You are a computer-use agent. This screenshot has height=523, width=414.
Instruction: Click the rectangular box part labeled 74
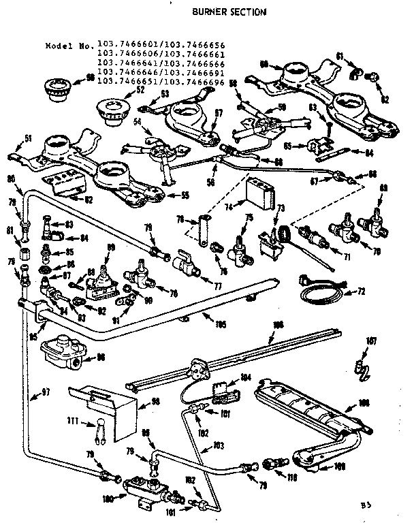259,191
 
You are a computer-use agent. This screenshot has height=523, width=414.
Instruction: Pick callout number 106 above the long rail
276,326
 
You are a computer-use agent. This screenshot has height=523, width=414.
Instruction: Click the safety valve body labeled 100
146,489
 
